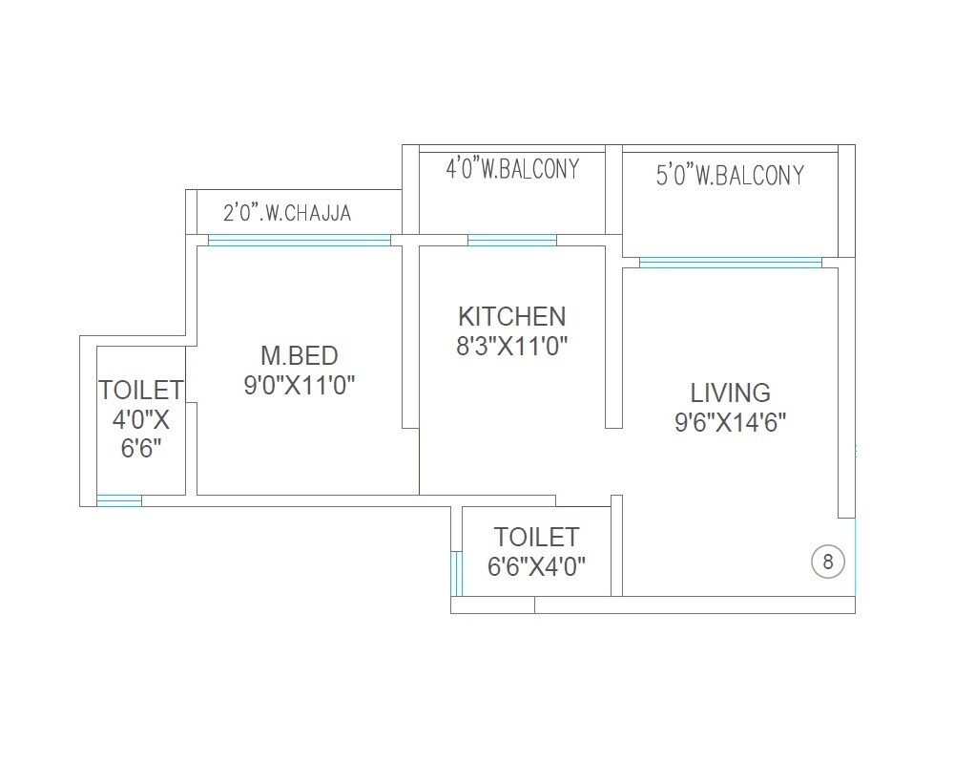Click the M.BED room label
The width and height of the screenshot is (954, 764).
click(x=300, y=356)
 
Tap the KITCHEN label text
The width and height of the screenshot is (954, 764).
click(x=511, y=316)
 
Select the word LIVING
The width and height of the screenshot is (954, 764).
click(x=731, y=393)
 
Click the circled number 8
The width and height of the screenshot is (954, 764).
click(x=827, y=562)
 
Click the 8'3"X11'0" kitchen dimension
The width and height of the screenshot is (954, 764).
click(x=511, y=345)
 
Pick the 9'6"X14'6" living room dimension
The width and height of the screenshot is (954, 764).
click(x=731, y=421)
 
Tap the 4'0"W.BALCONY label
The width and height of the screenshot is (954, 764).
click(x=512, y=170)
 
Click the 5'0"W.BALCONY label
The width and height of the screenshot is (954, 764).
click(x=730, y=176)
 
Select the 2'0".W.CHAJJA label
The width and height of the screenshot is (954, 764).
click(x=287, y=213)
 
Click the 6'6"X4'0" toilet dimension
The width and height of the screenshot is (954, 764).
click(x=536, y=565)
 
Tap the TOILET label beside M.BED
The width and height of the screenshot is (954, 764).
click(x=140, y=390)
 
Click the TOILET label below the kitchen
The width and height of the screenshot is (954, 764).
click(x=536, y=537)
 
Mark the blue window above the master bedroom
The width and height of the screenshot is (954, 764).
click(x=299, y=240)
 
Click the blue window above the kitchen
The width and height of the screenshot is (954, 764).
click(x=511, y=240)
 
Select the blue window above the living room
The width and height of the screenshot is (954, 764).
click(x=730, y=263)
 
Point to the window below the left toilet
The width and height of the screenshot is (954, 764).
click(x=119, y=500)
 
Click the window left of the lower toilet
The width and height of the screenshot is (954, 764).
click(x=456, y=573)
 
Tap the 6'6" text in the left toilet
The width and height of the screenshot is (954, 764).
click(x=140, y=448)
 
